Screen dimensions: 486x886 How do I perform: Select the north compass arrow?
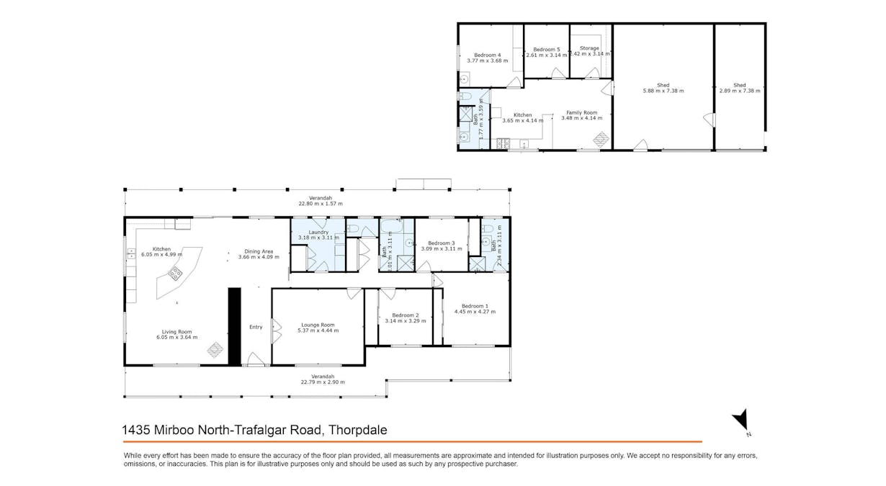[742, 421]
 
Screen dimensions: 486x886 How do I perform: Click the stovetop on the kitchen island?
[176, 273]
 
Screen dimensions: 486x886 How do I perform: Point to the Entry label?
[256, 327]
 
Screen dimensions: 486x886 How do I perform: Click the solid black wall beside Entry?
[234, 326]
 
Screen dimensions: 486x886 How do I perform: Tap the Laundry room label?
[318, 232]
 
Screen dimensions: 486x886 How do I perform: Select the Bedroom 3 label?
[442, 243]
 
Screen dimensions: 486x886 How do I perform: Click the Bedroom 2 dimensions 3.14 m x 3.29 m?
[404, 321]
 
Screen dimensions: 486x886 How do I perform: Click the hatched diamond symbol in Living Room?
[215, 350]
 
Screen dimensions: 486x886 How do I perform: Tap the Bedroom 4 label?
[487, 55]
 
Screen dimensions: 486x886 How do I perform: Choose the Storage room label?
[589, 48]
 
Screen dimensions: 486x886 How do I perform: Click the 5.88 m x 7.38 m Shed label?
[663, 91]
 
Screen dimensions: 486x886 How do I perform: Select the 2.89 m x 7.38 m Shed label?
[739, 91]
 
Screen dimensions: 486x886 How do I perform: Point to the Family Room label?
[581, 112]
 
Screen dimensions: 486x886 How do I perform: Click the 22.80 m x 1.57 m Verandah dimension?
[321, 204]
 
